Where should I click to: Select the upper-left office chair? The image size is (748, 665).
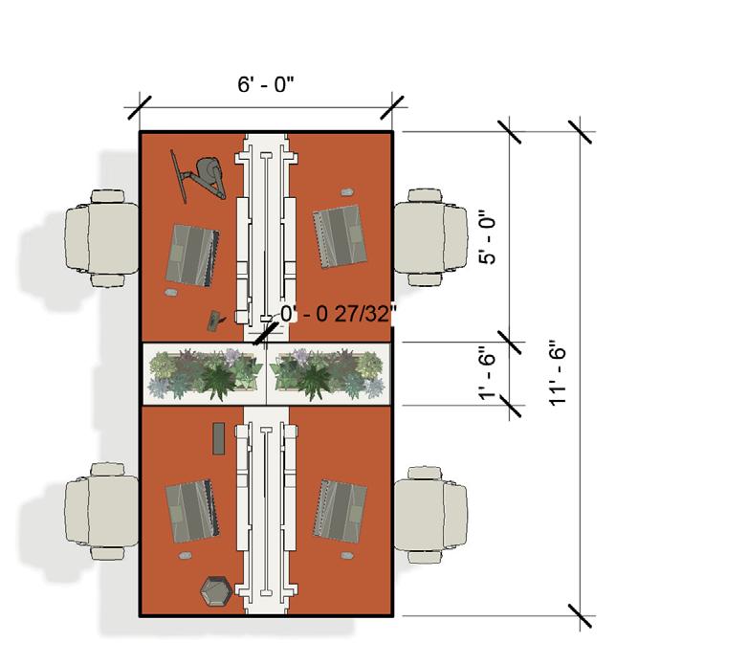101,238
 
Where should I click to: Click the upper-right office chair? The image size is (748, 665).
430,236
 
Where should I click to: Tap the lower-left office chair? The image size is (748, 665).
101,512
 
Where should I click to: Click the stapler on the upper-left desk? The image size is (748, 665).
213,320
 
